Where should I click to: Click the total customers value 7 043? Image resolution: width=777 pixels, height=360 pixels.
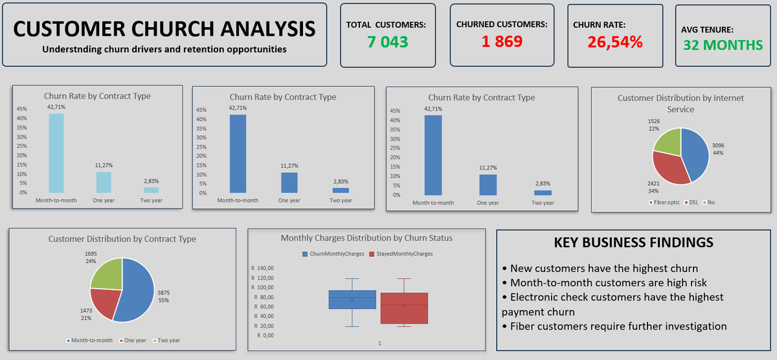pyautogui.click(x=387, y=42)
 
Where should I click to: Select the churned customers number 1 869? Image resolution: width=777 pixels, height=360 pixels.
pyautogui.click(x=502, y=41)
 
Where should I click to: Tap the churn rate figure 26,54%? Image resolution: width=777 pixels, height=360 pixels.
pyautogui.click(x=615, y=42)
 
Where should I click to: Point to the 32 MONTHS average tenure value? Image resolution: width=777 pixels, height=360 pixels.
pyautogui.click(x=723, y=45)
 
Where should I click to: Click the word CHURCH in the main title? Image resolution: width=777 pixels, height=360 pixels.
pyautogui.click(x=173, y=28)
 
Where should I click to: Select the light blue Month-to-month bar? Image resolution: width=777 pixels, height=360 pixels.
pyautogui.click(x=56, y=153)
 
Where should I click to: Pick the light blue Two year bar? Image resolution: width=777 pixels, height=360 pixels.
pyautogui.click(x=152, y=190)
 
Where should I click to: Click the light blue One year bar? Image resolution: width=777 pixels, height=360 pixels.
pyautogui.click(x=104, y=182)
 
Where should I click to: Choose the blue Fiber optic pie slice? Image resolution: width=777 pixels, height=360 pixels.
pyautogui.click(x=695, y=154)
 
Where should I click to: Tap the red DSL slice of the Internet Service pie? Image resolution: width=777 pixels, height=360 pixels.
pyautogui.click(x=669, y=168)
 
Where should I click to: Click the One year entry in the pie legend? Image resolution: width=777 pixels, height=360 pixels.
pyautogui.click(x=133, y=341)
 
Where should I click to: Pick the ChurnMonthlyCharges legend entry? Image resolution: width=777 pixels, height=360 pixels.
pyautogui.click(x=333, y=254)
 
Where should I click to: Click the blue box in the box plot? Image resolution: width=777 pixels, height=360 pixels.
pyautogui.click(x=352, y=300)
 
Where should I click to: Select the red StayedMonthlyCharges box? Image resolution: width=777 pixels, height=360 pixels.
pyautogui.click(x=404, y=308)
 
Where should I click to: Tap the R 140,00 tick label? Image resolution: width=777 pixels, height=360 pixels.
pyautogui.click(x=263, y=268)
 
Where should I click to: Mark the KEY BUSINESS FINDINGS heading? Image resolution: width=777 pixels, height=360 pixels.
pyautogui.click(x=633, y=242)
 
